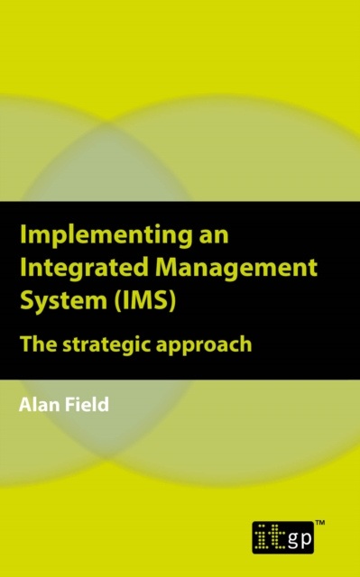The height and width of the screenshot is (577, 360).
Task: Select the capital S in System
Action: click(x=24, y=300)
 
